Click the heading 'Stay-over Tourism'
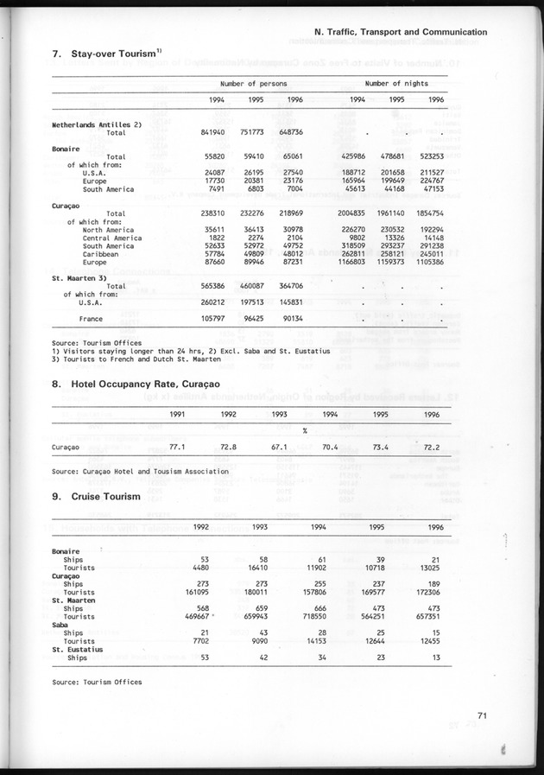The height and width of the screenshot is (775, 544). (108, 55)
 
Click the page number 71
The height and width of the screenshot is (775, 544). (483, 715)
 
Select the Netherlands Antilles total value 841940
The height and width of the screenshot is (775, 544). (212, 132)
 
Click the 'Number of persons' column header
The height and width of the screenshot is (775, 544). (253, 83)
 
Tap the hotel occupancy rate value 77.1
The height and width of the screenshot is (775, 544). (178, 448)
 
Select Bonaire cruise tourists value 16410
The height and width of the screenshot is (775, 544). (250, 568)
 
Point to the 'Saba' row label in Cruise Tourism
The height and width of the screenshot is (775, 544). (62, 625)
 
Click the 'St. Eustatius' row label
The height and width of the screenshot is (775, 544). (77, 649)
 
